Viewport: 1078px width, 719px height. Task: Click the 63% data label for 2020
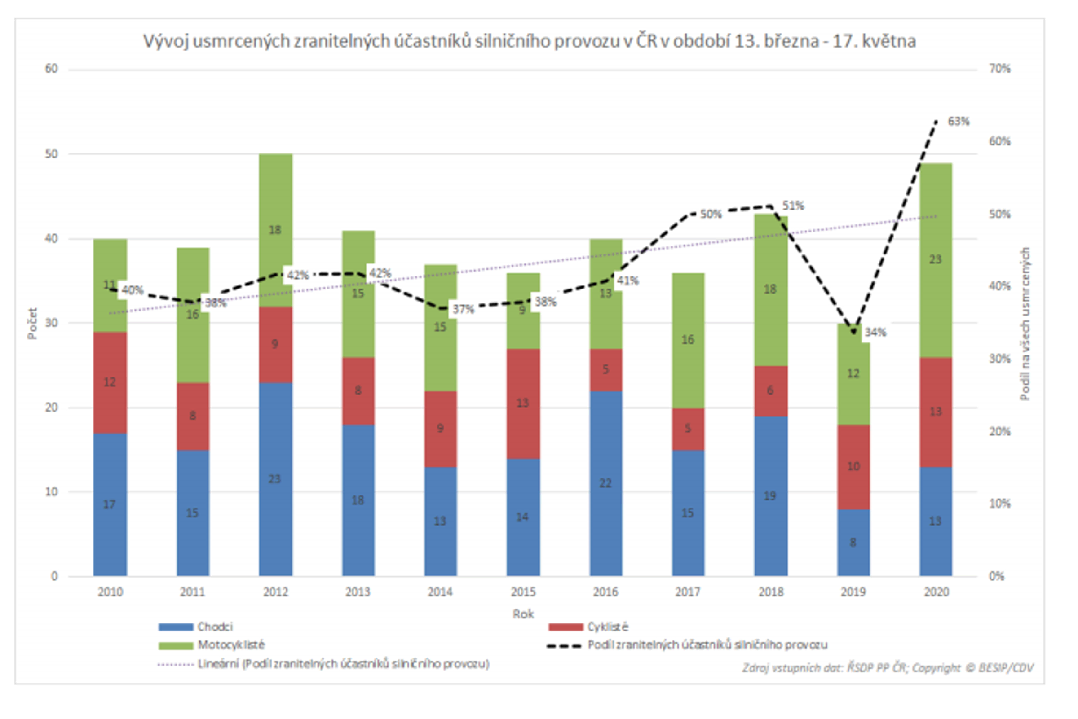[958, 122]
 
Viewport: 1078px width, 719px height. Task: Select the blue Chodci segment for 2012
[275, 479]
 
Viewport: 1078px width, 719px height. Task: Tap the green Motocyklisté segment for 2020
[935, 260]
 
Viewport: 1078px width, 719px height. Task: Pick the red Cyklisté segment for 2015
[523, 403]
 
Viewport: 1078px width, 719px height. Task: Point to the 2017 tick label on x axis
[688, 592]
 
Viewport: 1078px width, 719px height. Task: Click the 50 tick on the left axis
[51, 154]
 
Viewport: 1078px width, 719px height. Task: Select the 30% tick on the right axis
[999, 359]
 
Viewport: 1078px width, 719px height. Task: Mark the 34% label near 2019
[875, 333]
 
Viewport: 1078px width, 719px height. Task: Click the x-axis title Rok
[523, 614]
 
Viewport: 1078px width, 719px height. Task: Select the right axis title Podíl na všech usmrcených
[1025, 323]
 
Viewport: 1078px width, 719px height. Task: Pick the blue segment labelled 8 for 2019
[853, 543]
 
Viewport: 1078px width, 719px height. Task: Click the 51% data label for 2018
[793, 206]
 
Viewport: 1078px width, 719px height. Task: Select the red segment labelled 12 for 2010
[110, 382]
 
